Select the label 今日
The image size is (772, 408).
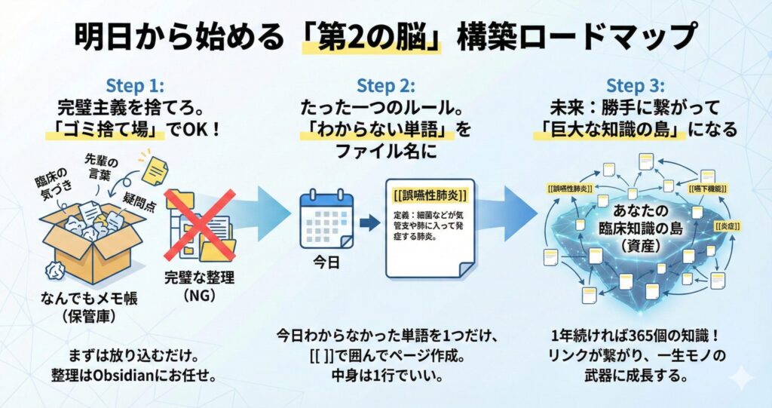pyautogui.click(x=326, y=265)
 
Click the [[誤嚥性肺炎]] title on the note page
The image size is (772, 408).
pyautogui.click(x=430, y=195)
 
